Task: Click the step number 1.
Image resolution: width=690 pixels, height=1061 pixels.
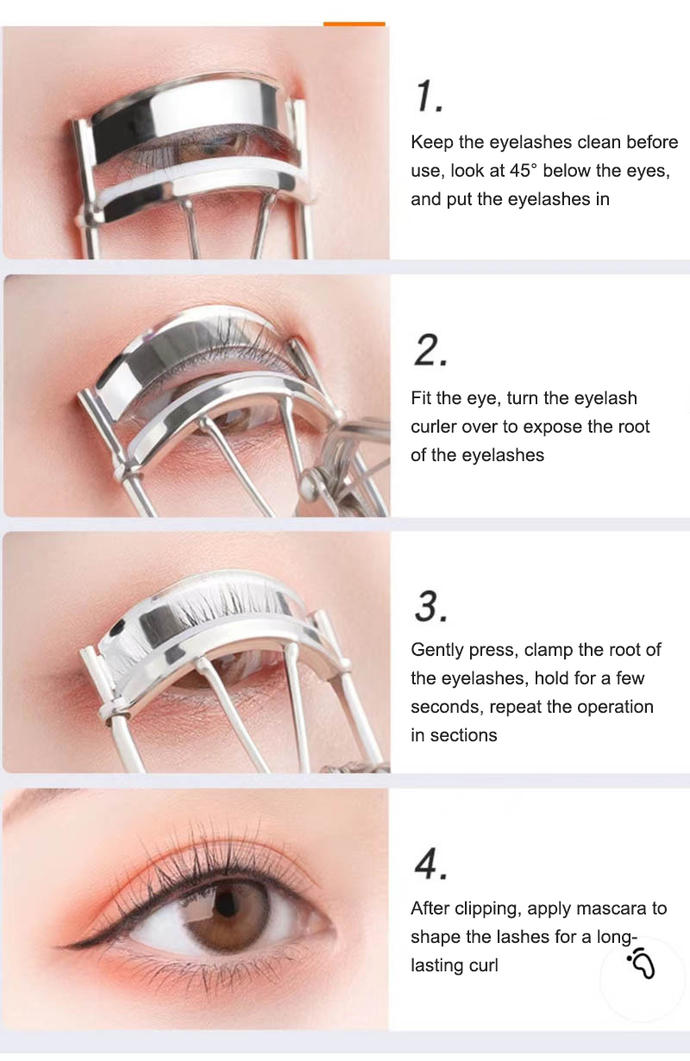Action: [x=429, y=97]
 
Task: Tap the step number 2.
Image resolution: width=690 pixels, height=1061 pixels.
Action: [x=430, y=351]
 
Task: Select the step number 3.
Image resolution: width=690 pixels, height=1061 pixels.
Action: [x=430, y=607]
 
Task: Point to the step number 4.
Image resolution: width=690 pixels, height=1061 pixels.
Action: [x=430, y=864]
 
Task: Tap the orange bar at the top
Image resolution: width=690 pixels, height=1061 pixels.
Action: [x=354, y=23]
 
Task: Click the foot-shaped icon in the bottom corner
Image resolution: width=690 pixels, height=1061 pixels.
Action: [x=642, y=963]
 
